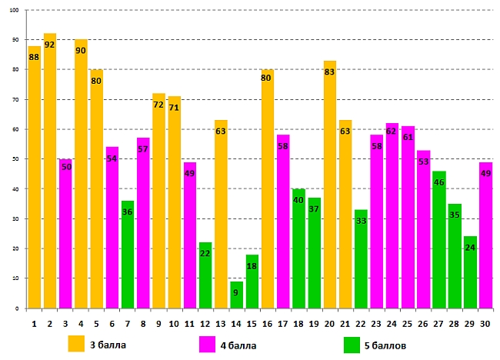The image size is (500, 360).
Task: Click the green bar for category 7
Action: (128, 255)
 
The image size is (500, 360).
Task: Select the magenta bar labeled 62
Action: (392, 215)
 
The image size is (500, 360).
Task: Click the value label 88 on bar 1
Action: (34, 57)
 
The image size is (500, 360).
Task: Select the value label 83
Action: (330, 72)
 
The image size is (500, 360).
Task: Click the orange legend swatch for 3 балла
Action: (76, 343)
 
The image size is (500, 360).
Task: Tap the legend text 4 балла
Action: (238, 345)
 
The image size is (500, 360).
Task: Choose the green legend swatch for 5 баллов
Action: (352, 344)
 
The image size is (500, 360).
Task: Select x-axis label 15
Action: (252, 325)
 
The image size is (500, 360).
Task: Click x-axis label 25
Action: (408, 325)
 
